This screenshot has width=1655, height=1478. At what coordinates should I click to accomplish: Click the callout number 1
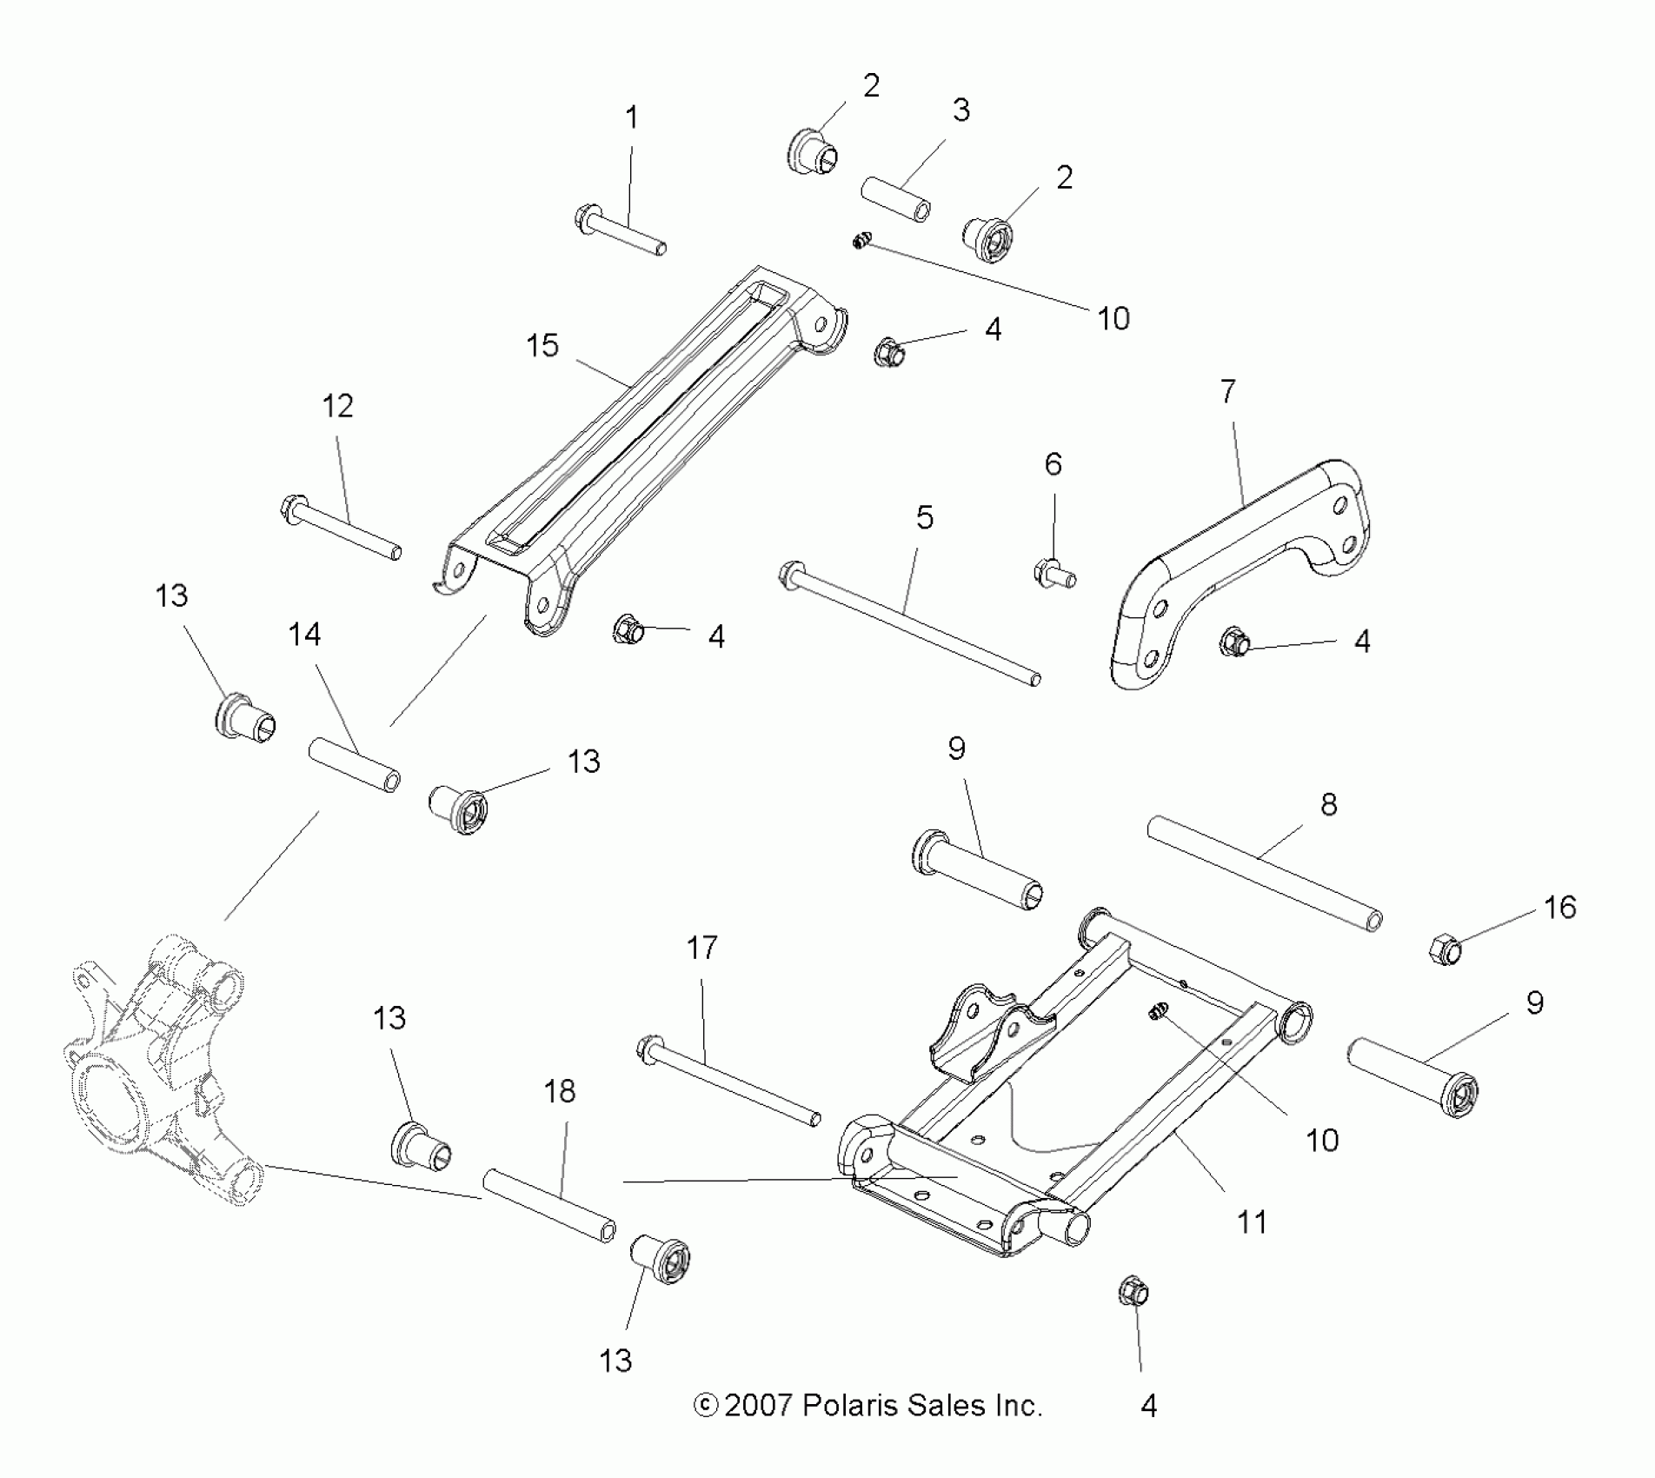[x=632, y=118]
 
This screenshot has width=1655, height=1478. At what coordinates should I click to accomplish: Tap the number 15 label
[x=542, y=346]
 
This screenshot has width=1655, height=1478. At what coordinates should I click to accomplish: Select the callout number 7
[x=1227, y=392]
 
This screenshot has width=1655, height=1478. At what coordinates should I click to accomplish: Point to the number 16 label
[x=1560, y=908]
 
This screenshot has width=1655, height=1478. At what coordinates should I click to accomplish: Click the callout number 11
[x=1252, y=1222]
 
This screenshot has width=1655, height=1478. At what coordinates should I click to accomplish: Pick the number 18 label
[x=560, y=1092]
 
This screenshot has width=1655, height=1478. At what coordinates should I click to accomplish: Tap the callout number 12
[x=337, y=406]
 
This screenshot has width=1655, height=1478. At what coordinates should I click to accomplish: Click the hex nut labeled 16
[x=1445, y=949]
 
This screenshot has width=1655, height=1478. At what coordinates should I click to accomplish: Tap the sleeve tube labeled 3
[x=896, y=198]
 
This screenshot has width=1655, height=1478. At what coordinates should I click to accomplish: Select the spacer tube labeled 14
[x=355, y=764]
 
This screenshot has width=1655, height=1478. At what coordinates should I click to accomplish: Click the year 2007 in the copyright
[x=758, y=1405]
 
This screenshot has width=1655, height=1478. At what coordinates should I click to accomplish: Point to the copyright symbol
[x=706, y=1405]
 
